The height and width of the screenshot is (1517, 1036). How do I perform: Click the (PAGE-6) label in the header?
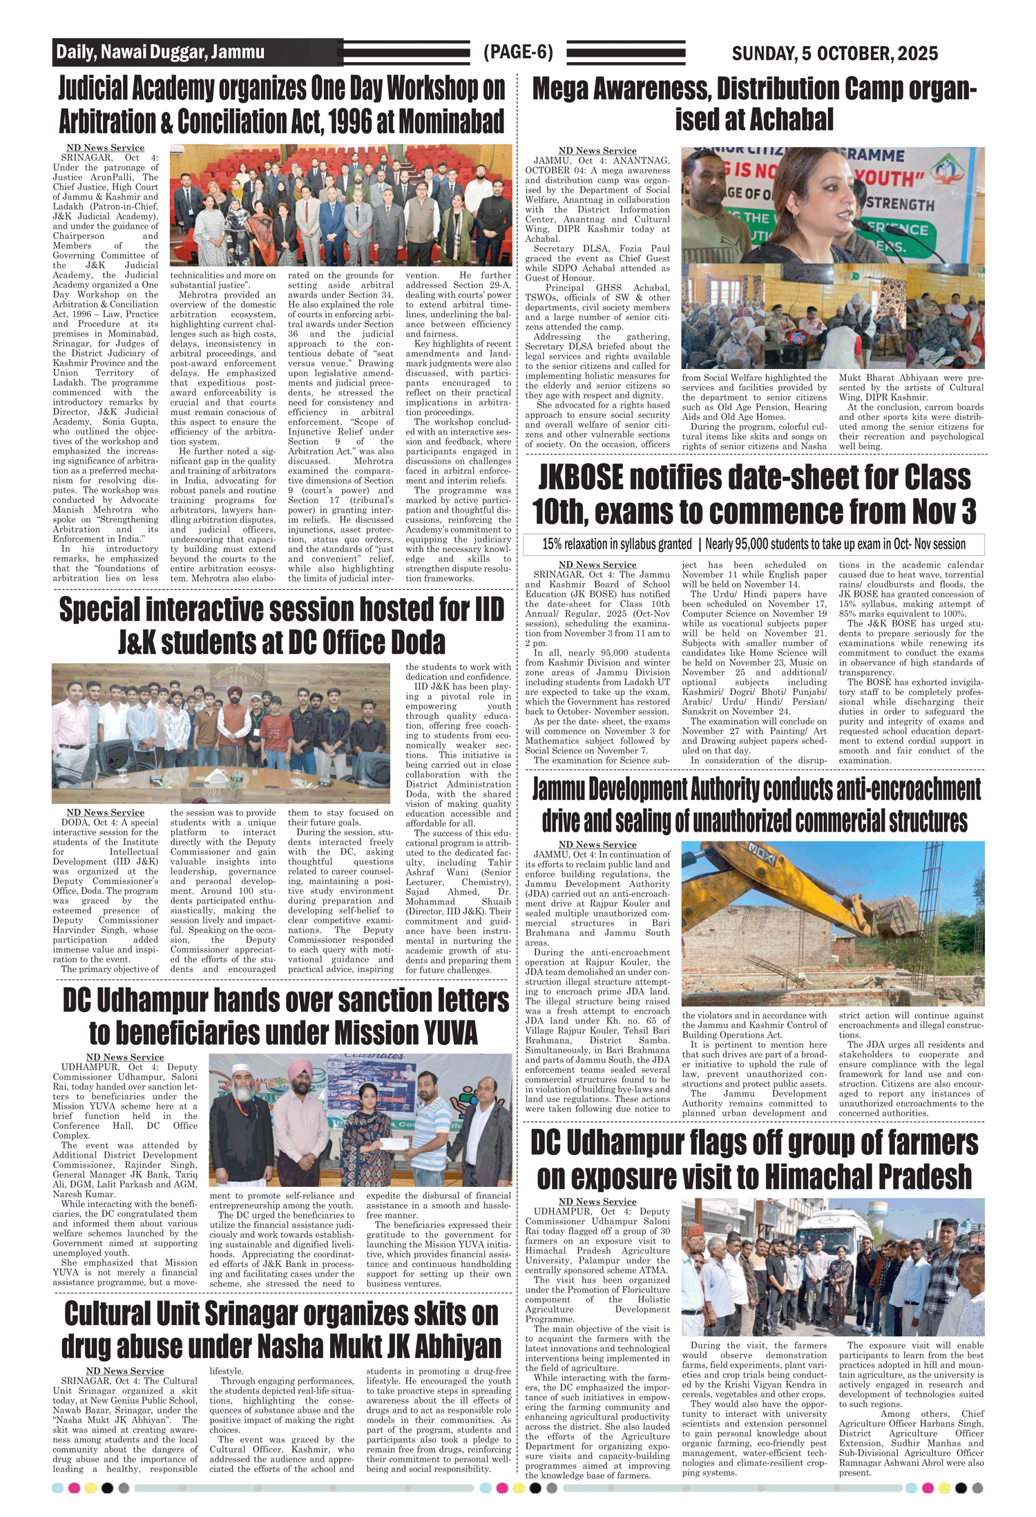(518, 53)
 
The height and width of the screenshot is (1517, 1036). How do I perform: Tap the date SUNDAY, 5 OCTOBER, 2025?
(834, 53)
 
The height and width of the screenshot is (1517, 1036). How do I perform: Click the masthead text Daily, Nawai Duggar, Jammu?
(160, 53)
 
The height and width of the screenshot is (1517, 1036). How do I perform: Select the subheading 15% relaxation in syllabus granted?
(617, 544)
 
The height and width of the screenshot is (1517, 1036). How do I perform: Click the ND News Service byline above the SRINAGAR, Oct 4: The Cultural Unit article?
(124, 1371)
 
